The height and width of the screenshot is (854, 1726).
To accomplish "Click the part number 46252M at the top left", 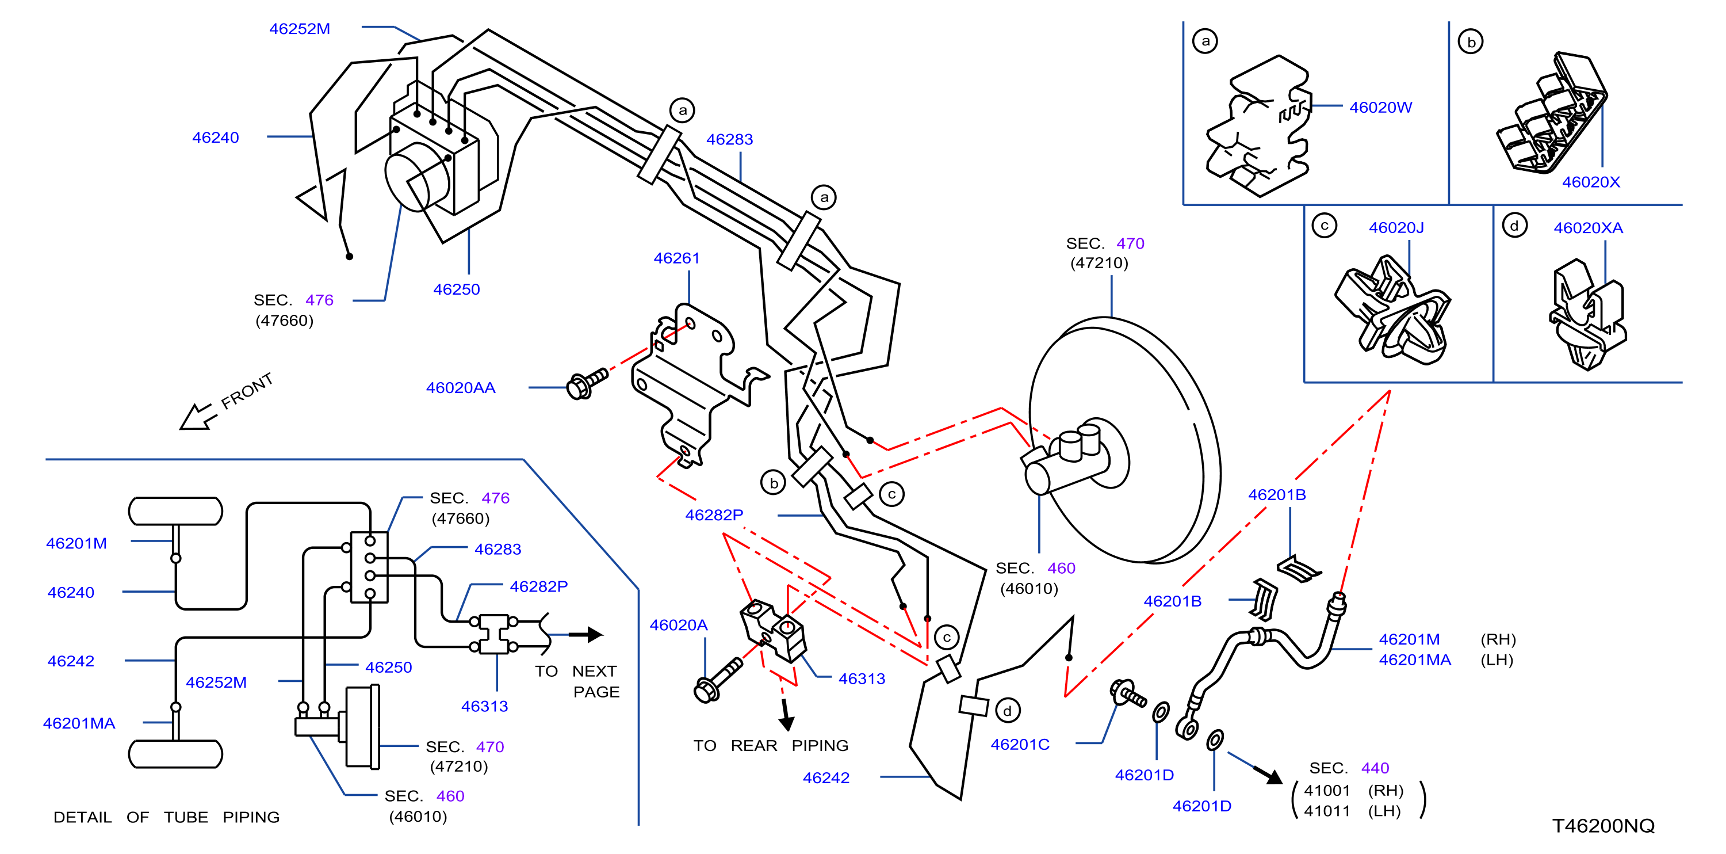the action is click(300, 29).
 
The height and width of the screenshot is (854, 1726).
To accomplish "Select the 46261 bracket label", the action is click(677, 258).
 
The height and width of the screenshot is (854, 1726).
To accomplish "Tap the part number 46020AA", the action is click(461, 387).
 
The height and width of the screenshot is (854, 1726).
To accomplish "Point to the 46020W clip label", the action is click(1381, 107).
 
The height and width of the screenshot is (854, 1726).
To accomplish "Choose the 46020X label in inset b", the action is click(1591, 182).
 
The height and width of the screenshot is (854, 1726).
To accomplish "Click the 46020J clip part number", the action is click(1396, 228).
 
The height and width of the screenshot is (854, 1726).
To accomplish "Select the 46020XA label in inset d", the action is click(1589, 228).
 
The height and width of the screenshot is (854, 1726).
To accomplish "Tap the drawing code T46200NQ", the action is click(1603, 825).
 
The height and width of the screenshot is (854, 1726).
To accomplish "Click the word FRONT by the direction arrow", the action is click(247, 391).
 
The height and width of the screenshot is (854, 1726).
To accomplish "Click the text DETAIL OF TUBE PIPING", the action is click(166, 817).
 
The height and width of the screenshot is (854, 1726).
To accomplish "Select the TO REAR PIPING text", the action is click(771, 745).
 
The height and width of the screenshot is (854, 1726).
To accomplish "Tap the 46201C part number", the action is click(1020, 744).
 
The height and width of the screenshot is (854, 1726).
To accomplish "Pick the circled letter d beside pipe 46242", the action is click(1008, 711).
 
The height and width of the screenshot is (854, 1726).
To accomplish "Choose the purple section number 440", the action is click(1375, 768).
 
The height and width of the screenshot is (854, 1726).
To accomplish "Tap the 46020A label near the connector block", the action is click(679, 625).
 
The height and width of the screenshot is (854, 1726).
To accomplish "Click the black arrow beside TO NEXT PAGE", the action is click(585, 634).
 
